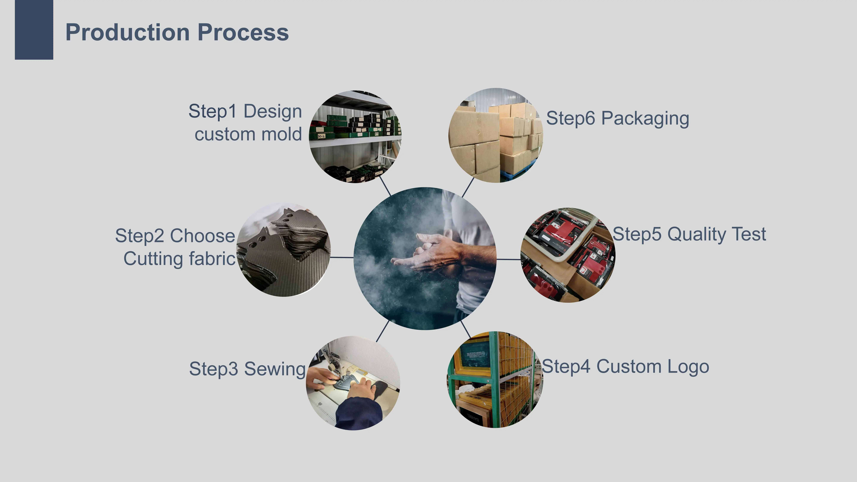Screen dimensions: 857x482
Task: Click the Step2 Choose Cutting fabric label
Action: click(x=175, y=247)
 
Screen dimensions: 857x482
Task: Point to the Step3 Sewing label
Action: click(x=247, y=369)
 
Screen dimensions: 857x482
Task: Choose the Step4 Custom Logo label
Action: click(x=625, y=367)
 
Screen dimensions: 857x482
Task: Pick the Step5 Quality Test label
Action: click(x=689, y=234)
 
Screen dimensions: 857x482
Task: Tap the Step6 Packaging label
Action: click(x=617, y=118)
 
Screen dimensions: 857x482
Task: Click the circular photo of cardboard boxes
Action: click(x=496, y=135)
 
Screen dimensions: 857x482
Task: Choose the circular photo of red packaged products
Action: click(x=568, y=255)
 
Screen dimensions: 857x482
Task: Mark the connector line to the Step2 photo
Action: click(x=342, y=257)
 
